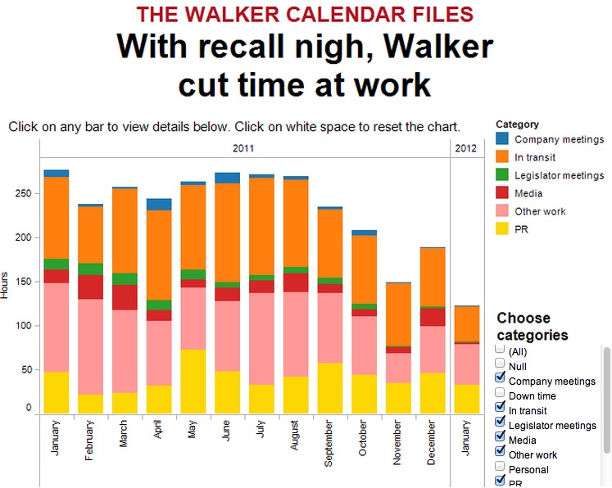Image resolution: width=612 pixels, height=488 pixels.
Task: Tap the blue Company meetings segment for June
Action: (227, 178)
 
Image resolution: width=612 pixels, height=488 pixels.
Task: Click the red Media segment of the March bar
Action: (125, 297)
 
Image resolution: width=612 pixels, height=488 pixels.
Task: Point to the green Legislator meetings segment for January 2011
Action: (57, 264)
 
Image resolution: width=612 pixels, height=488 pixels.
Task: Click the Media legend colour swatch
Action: (502, 193)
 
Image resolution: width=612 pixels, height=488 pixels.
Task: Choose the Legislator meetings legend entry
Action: (559, 175)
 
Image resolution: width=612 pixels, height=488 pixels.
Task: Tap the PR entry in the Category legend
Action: (522, 229)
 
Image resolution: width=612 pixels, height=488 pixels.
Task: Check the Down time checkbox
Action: (501, 395)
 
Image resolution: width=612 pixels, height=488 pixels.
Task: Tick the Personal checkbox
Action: (501, 469)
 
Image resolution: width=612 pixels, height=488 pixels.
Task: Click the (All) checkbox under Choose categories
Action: (501, 351)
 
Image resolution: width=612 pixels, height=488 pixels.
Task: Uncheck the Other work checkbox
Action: (501, 454)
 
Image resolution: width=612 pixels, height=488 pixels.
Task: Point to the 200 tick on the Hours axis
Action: (25, 237)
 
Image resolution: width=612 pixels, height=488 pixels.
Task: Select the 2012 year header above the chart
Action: (465, 148)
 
